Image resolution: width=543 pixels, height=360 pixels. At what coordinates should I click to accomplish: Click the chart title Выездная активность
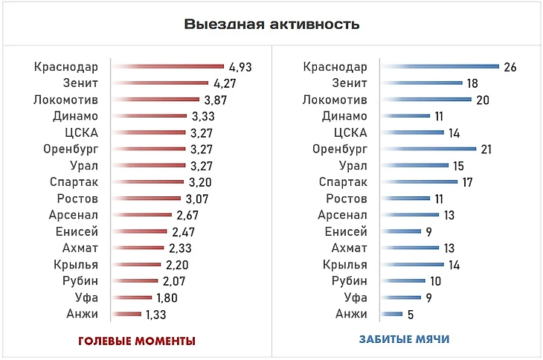pos(271,25)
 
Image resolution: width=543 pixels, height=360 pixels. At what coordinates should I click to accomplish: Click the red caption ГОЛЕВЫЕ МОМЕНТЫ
pos(137,341)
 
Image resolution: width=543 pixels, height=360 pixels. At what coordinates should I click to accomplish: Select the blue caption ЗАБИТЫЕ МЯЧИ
pos(405,340)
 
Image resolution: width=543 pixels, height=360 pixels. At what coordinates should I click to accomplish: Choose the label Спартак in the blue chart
pos(343,182)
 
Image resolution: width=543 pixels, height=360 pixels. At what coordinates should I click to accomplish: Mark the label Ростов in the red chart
pos(78,199)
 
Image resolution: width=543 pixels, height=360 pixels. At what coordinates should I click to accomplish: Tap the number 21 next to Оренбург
pos(486,149)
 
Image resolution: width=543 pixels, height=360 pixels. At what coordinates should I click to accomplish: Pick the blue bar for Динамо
pos(405,116)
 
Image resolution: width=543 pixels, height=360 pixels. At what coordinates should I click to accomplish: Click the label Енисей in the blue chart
pos(347,231)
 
